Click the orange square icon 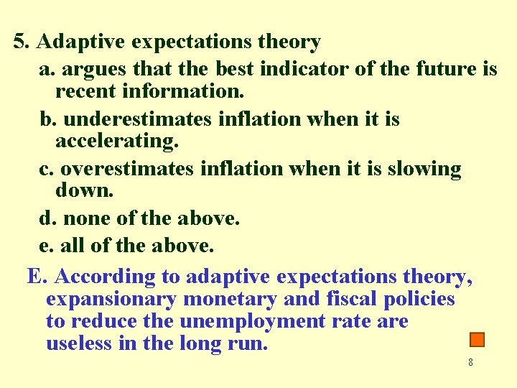478,340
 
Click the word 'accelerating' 116,142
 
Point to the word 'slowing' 424,169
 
